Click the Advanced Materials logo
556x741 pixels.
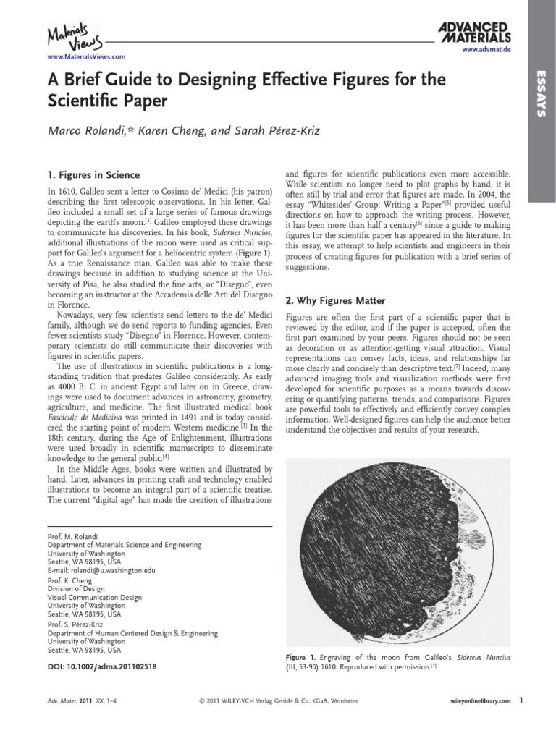[x=474, y=32]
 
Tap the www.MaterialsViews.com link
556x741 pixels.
[x=76, y=56]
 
